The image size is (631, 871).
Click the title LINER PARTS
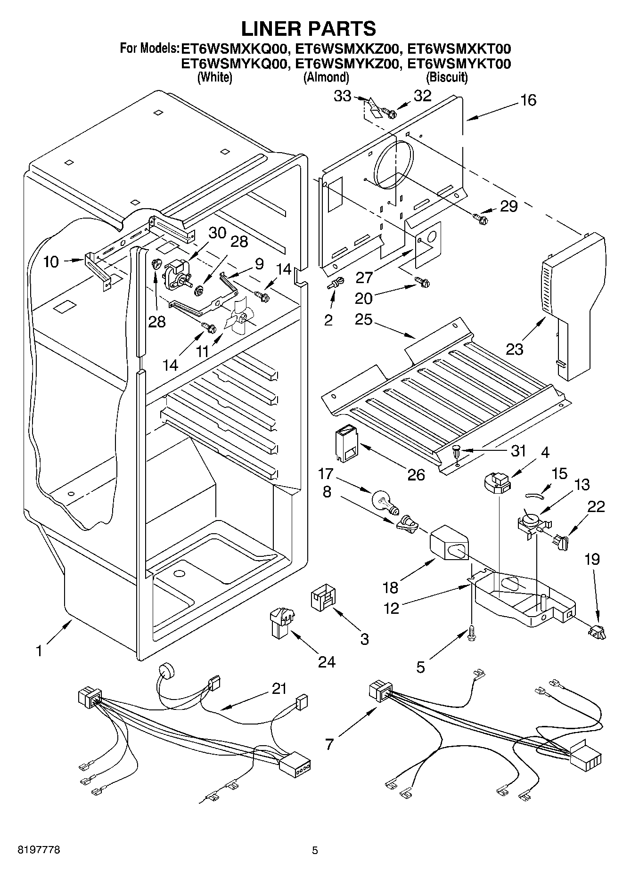click(309, 29)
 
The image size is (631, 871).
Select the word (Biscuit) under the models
click(446, 77)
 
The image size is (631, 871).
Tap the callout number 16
click(529, 100)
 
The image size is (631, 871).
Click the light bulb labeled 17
click(384, 502)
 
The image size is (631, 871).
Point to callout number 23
click(515, 349)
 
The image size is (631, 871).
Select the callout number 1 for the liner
click(39, 651)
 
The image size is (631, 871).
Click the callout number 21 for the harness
click(279, 689)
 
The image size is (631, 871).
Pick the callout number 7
click(329, 744)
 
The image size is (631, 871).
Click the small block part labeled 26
click(346, 443)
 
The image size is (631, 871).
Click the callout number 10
click(51, 262)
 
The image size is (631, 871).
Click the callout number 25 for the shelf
click(364, 320)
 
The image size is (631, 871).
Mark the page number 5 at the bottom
click(315, 851)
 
